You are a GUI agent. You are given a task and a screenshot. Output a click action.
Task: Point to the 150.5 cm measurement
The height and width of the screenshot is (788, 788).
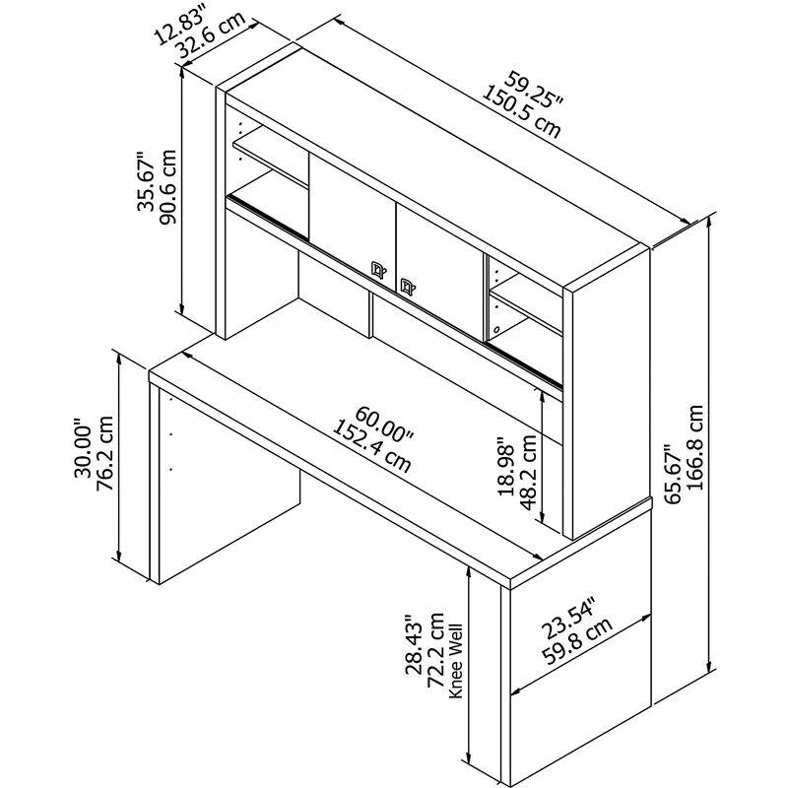(x=521, y=110)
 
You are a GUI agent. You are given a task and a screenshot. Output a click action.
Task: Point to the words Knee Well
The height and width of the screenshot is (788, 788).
(x=456, y=660)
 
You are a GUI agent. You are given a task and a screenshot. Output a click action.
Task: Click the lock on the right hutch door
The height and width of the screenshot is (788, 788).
(x=405, y=286)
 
